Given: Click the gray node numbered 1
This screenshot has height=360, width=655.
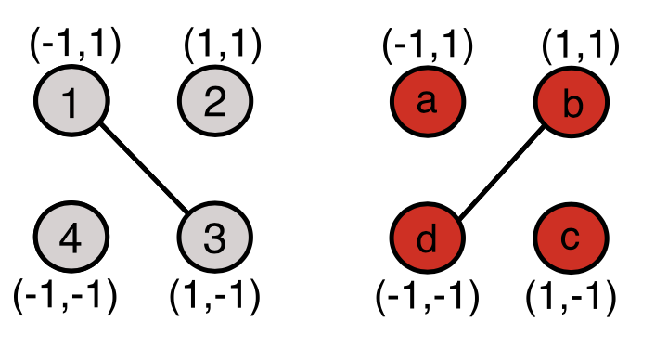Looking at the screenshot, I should [x=71, y=102].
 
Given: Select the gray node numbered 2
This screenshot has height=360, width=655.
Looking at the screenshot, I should [x=215, y=102].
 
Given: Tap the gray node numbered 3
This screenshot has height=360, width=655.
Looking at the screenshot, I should [x=215, y=239].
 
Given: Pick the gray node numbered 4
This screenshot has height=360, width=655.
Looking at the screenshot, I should [x=71, y=239].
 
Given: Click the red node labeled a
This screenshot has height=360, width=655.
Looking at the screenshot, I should [x=427, y=102].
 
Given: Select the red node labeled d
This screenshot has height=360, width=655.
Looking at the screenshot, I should [x=427, y=239].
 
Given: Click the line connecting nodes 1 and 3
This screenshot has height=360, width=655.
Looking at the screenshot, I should [x=144, y=171].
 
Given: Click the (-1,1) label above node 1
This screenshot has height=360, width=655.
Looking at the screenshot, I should [x=76, y=44].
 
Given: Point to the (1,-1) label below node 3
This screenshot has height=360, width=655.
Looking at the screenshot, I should [x=214, y=297].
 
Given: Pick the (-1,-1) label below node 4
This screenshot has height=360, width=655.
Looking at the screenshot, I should [x=65, y=297].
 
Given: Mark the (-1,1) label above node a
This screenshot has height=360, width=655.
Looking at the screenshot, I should [x=429, y=44].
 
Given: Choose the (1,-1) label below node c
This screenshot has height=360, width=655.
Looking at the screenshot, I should [x=571, y=297].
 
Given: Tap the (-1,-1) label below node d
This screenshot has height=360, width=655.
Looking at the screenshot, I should [x=427, y=297].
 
